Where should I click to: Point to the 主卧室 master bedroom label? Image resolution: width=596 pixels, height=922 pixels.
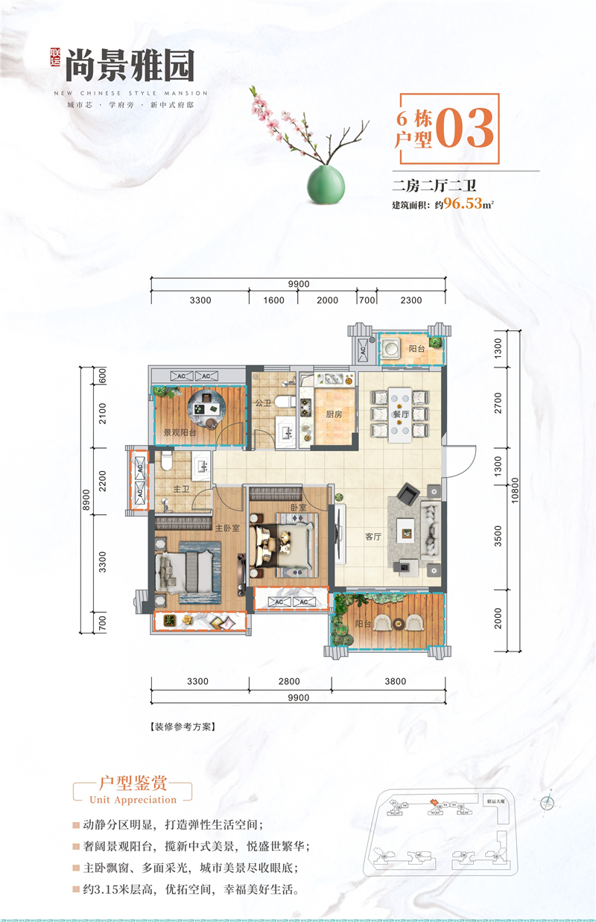pos(227,528)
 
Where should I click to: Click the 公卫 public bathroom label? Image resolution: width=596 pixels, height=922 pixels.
pos(261,402)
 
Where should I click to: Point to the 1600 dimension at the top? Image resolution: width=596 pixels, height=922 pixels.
pos(273,300)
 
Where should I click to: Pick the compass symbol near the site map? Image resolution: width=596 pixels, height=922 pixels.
pos(548,802)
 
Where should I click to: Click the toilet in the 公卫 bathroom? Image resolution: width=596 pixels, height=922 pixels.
pos(283,402)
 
